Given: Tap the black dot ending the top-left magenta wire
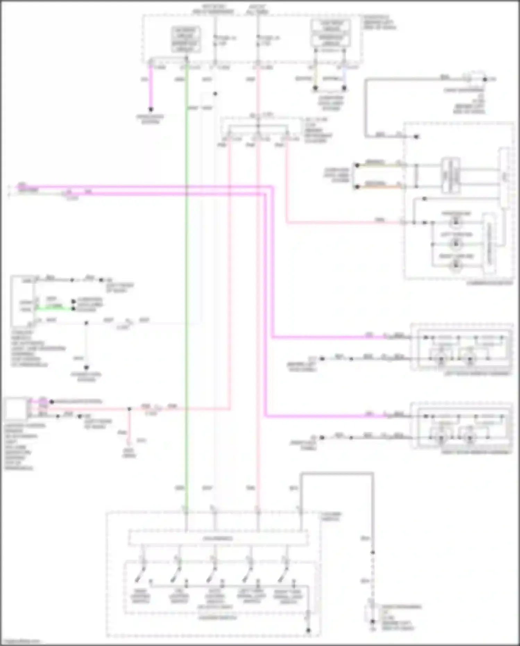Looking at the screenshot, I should tap(151, 110).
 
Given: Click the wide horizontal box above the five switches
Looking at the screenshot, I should tap(218, 538).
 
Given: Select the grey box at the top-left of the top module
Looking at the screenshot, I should tap(186, 39).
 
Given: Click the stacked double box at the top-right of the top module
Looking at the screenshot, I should tap(331, 33).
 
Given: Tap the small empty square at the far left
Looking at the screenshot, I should tap(15, 409).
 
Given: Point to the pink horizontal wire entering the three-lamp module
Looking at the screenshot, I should tap(343, 223).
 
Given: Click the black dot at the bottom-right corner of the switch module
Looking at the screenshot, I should tap(308, 630).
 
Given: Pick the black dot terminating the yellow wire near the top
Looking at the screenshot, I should tap(315, 88).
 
